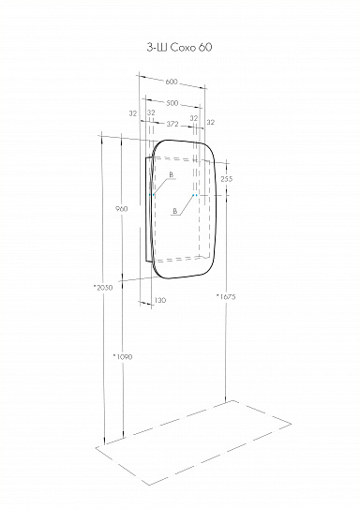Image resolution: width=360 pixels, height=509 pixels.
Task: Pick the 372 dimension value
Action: (171, 123)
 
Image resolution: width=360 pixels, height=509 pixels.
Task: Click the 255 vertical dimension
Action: (226, 178)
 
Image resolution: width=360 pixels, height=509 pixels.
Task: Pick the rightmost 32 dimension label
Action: (210, 123)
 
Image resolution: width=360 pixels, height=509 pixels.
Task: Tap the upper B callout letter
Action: (172, 175)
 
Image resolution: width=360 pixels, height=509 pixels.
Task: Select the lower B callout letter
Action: (176, 214)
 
